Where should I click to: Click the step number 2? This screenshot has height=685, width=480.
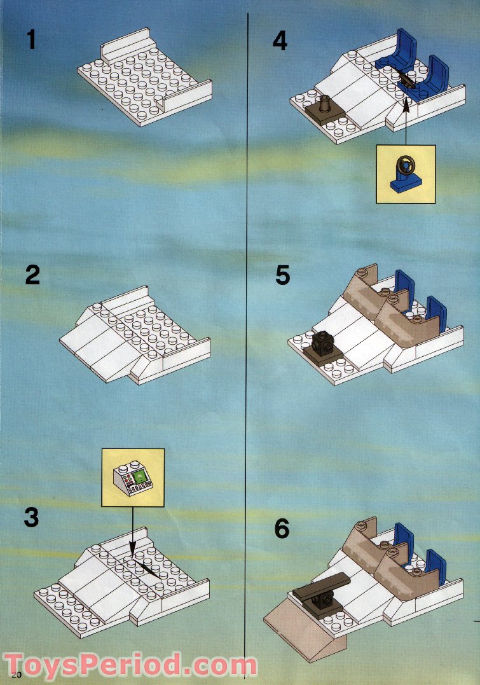32,275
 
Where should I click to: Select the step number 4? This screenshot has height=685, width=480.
280,40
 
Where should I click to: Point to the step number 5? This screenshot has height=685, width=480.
283,275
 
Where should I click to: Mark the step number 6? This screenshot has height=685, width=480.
282,529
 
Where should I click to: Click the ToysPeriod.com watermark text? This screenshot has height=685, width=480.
130,665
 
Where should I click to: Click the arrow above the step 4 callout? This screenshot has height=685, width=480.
405,121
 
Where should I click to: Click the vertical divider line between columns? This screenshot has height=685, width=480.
246,382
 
